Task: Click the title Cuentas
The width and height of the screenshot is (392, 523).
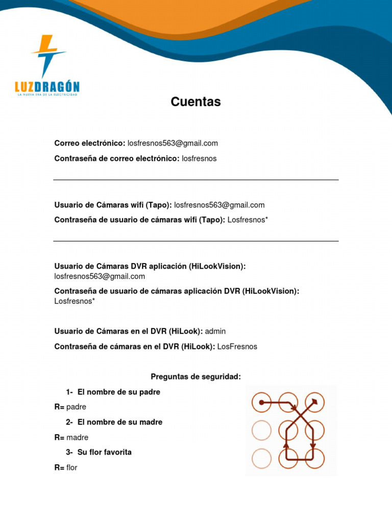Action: pyautogui.click(x=195, y=102)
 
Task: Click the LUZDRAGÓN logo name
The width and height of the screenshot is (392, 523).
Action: pyautogui.click(x=47, y=86)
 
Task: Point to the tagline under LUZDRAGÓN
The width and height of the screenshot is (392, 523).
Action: pyautogui.click(x=47, y=95)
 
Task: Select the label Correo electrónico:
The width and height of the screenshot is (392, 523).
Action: pyautogui.click(x=90, y=143)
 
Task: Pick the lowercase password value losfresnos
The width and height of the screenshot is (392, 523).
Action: pyautogui.click(x=199, y=158)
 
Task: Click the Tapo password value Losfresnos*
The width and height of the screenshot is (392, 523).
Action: pyautogui.click(x=248, y=220)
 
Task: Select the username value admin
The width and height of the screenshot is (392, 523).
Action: pyautogui.click(x=215, y=331)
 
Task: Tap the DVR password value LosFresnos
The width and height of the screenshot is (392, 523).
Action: pyautogui.click(x=237, y=346)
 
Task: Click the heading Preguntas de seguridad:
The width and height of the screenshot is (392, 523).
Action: pyautogui.click(x=195, y=376)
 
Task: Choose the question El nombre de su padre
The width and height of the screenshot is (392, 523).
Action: pyautogui.click(x=119, y=392)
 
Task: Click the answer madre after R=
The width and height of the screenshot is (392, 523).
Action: pyautogui.click(x=77, y=437)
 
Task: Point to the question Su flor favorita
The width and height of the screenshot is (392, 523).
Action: pyautogui.click(x=105, y=452)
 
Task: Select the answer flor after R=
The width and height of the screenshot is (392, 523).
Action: pyautogui.click(x=72, y=467)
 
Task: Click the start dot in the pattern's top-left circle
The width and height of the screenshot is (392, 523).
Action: pyautogui.click(x=261, y=402)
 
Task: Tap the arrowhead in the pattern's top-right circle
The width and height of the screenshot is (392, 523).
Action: pyautogui.click(x=315, y=402)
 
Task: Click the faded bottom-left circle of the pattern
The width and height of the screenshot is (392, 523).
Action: pyautogui.click(x=261, y=458)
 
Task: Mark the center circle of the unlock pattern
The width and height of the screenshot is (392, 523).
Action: pyautogui.click(x=288, y=430)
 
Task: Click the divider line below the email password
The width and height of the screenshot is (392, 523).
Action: pyautogui.click(x=195, y=180)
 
